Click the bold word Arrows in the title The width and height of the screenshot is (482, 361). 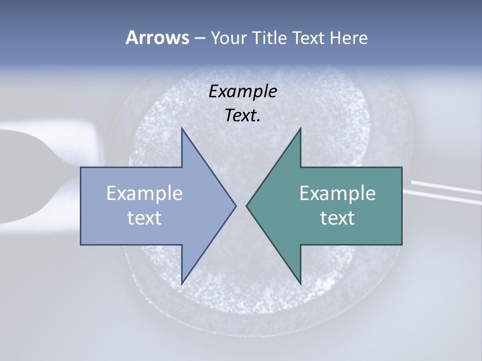pyautogui.click(x=157, y=38)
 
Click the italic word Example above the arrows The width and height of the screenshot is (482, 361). pyautogui.click(x=243, y=92)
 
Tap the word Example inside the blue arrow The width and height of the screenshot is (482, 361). pyautogui.click(x=145, y=194)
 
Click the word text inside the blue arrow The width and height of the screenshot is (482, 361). pyautogui.click(x=145, y=218)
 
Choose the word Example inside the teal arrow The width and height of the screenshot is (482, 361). pyautogui.click(x=337, y=194)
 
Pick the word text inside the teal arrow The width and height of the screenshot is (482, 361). pyautogui.click(x=337, y=218)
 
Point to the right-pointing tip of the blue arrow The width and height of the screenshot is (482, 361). pyautogui.click(x=235, y=206)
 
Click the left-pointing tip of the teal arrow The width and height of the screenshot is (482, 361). pyautogui.click(x=247, y=206)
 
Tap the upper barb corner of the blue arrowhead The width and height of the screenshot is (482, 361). pyautogui.click(x=182, y=129)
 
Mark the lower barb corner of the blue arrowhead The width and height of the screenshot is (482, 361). pyautogui.click(x=182, y=284)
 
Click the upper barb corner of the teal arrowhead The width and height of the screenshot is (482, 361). pyautogui.click(x=300, y=129)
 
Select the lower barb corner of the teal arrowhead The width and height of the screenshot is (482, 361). pyautogui.click(x=300, y=284)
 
